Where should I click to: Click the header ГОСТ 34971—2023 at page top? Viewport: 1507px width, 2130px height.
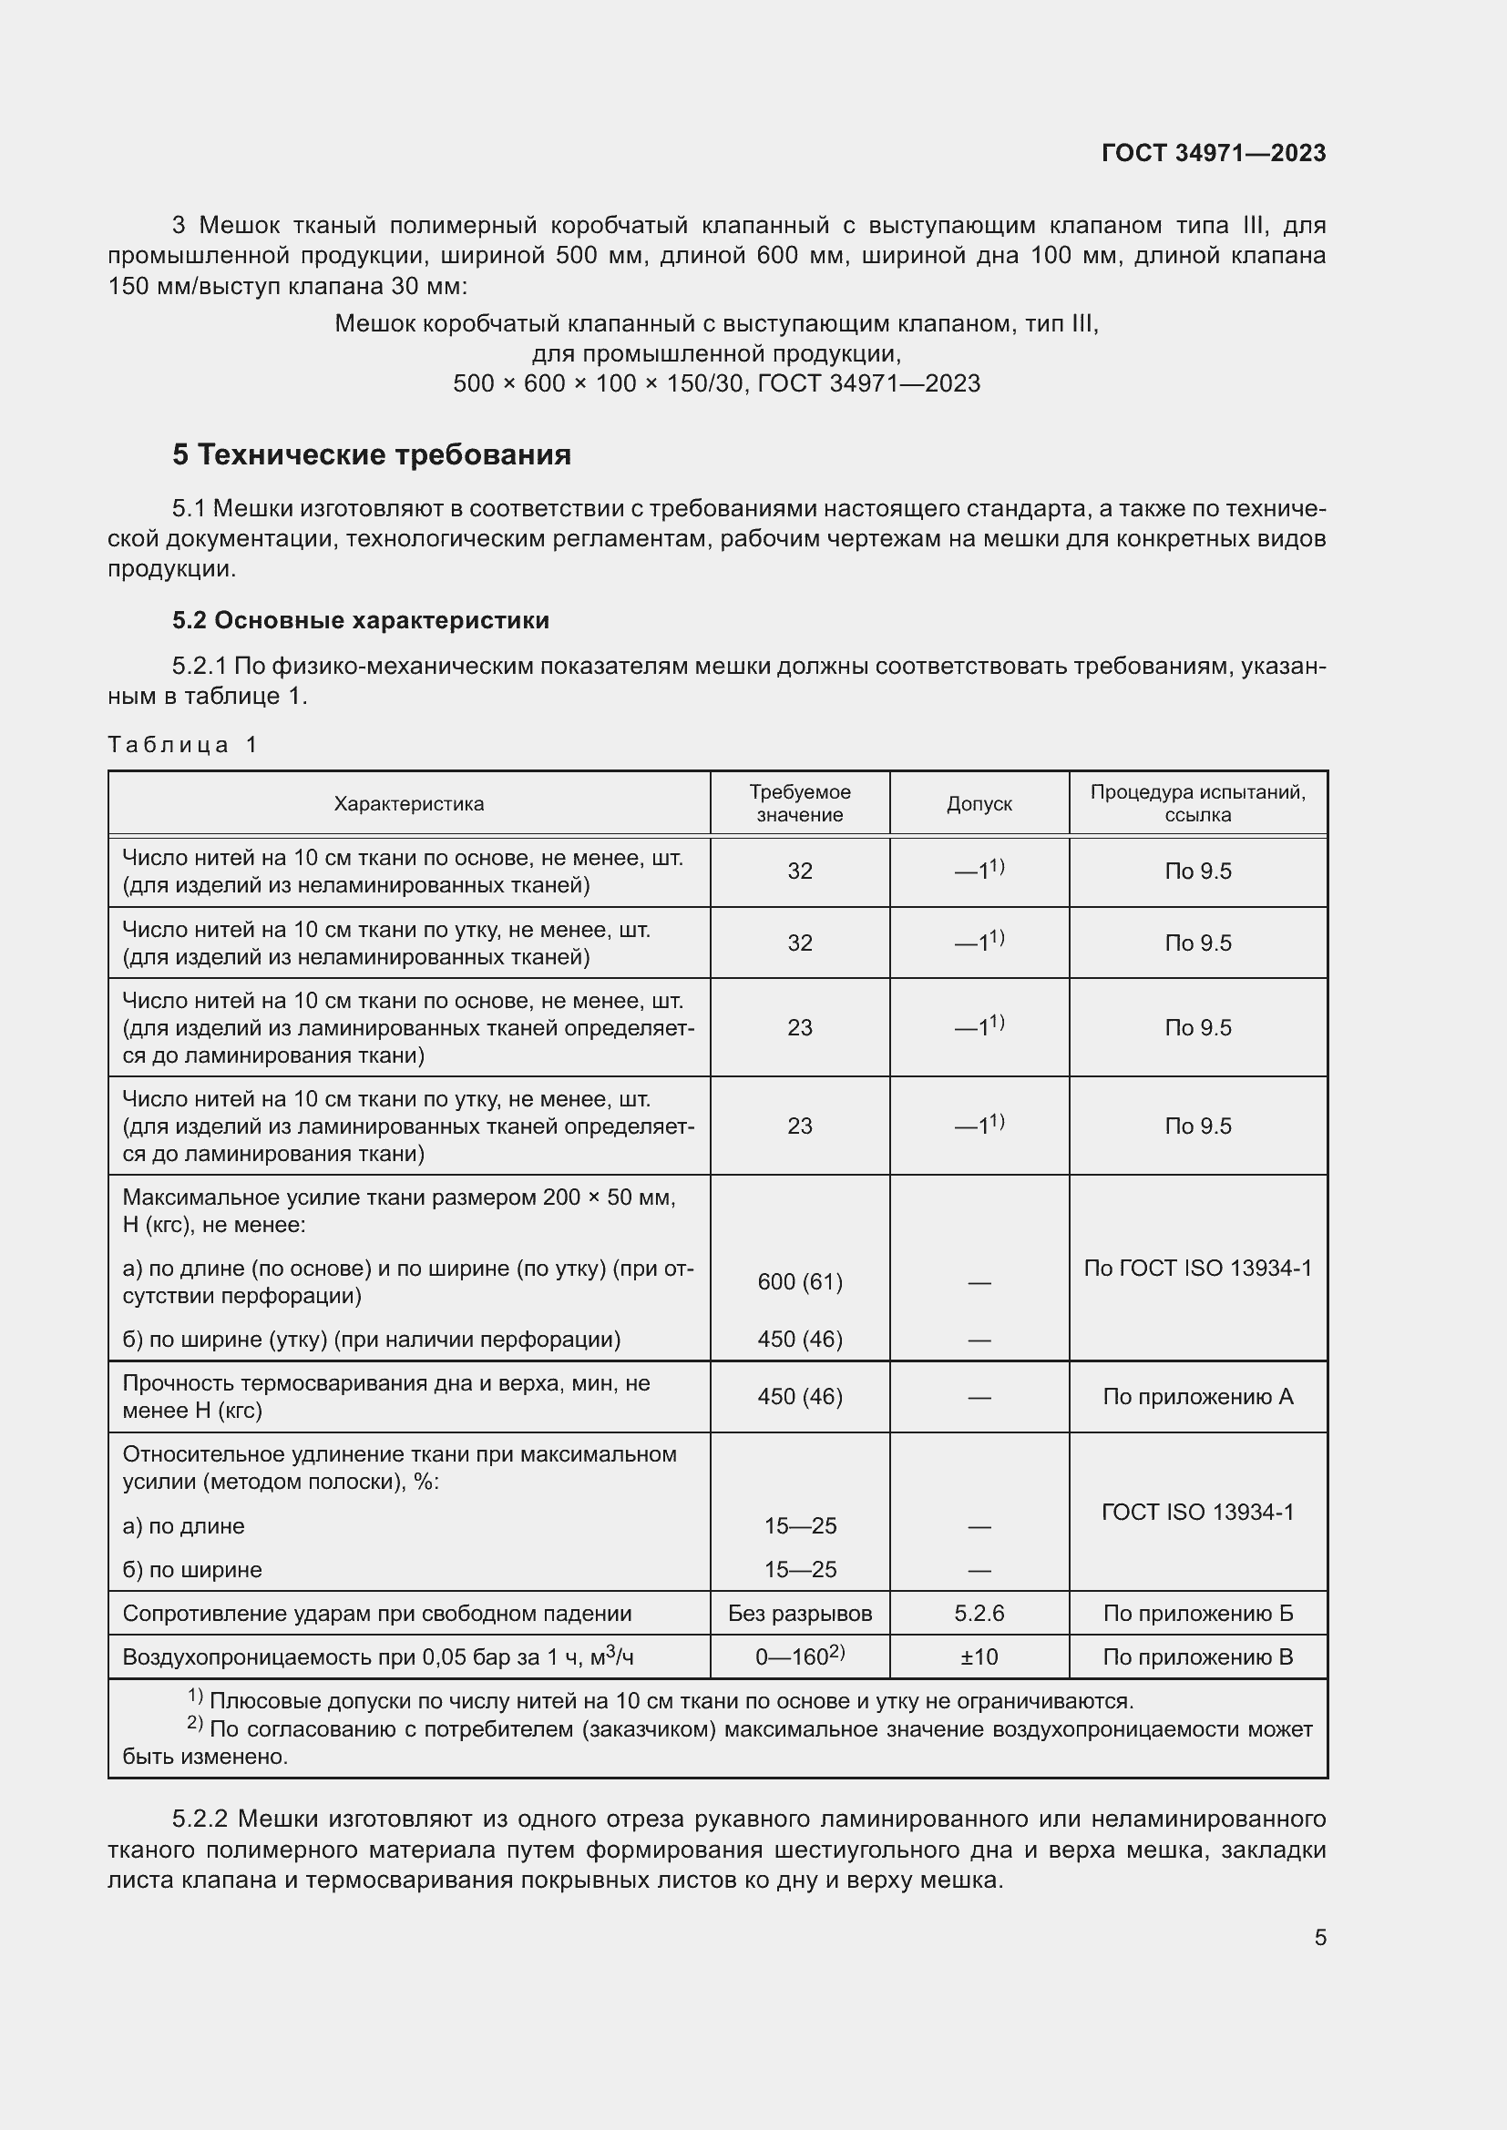click(x=1213, y=153)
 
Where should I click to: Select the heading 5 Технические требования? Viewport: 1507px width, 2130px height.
click(x=371, y=454)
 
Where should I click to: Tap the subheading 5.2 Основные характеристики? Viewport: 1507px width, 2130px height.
click(x=360, y=620)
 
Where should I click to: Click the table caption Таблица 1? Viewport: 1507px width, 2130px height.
click(x=182, y=744)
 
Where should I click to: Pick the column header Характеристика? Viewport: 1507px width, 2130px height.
click(x=408, y=803)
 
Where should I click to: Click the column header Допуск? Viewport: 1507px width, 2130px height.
click(x=979, y=803)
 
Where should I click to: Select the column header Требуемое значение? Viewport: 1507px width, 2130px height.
click(x=799, y=803)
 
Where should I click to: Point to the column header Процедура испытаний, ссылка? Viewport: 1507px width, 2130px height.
click(x=1197, y=803)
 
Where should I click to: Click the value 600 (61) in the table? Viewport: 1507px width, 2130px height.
click(x=799, y=1281)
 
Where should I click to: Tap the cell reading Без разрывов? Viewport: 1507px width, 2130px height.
click(x=799, y=1614)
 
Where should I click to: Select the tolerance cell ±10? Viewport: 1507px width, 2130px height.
click(x=979, y=1656)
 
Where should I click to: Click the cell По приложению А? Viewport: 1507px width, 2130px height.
click(x=1197, y=1396)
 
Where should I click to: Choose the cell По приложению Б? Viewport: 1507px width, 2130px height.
click(x=1197, y=1614)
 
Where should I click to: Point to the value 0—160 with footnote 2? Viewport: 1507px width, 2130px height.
click(x=799, y=1656)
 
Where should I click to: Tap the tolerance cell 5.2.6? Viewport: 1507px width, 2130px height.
click(x=979, y=1614)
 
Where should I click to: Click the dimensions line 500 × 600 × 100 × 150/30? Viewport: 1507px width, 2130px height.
click(x=599, y=383)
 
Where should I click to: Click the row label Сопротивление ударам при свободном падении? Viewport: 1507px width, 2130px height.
click(x=377, y=1614)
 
